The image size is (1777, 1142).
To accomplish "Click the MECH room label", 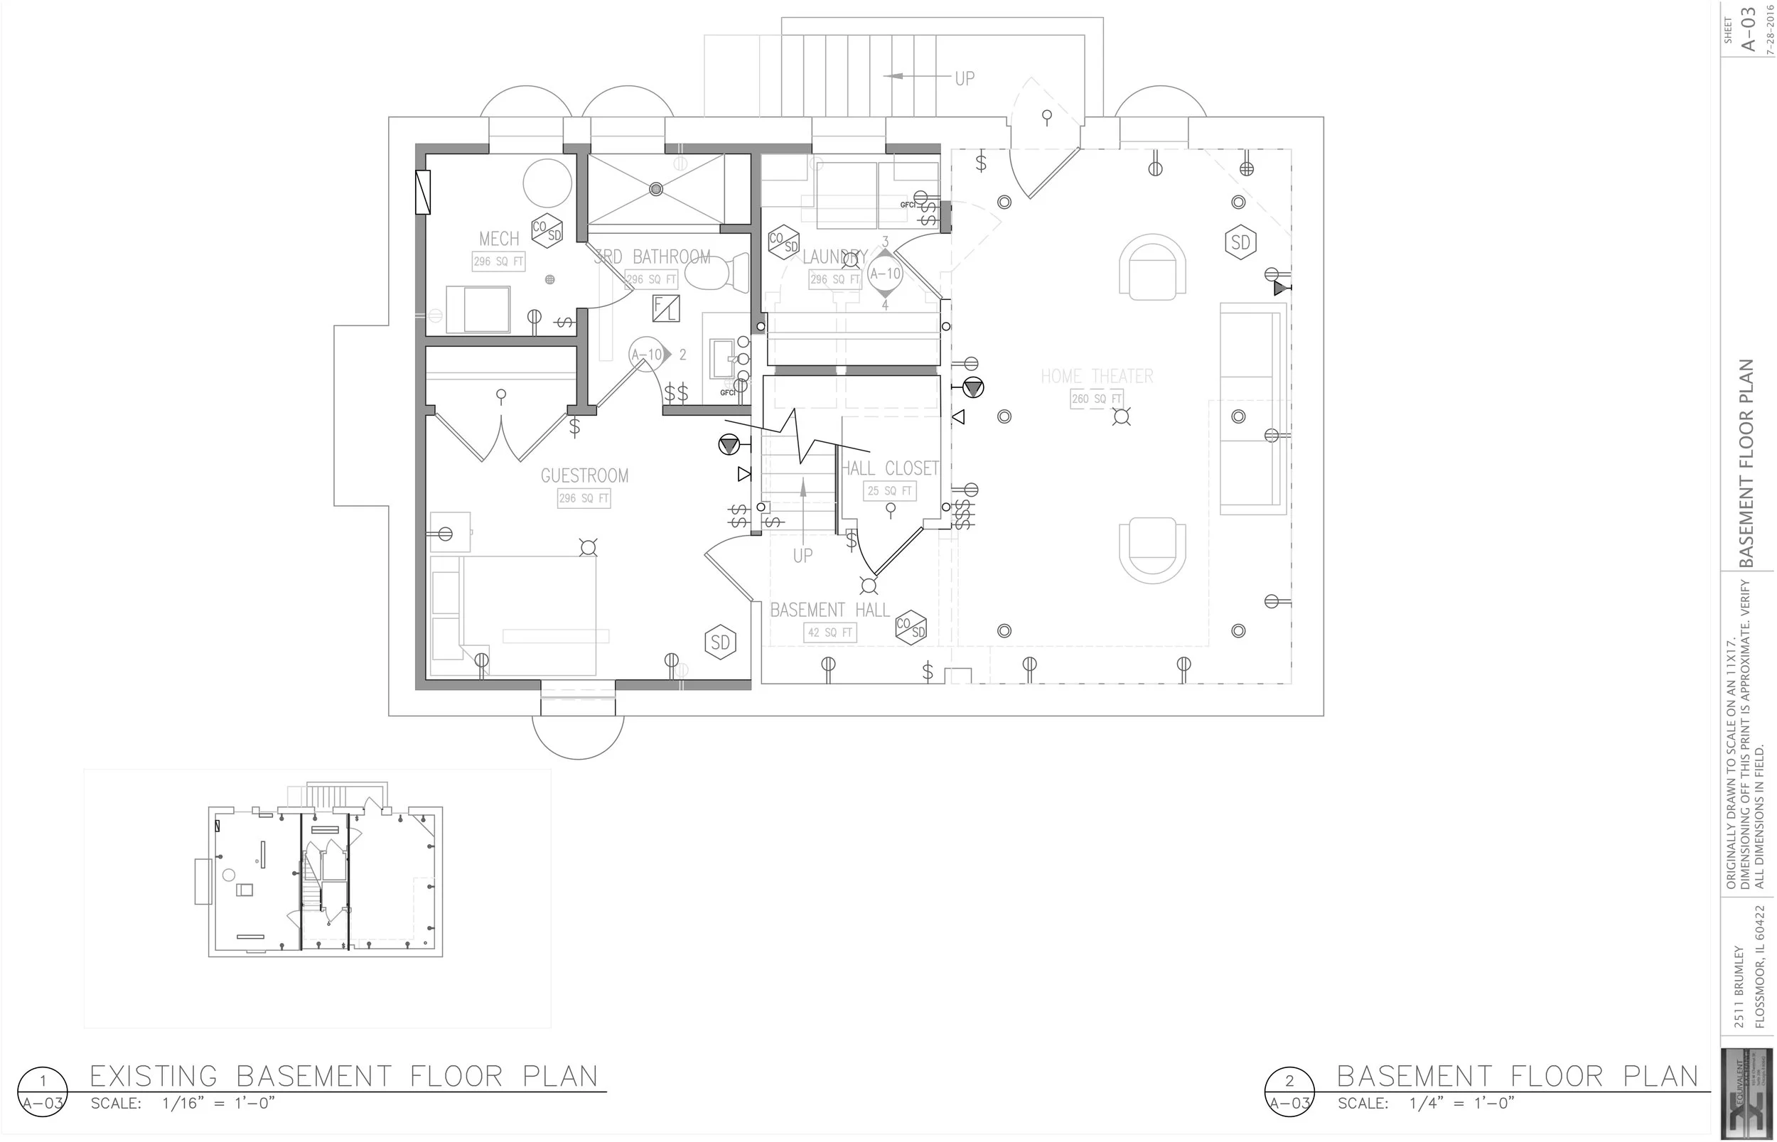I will pyautogui.click(x=498, y=239).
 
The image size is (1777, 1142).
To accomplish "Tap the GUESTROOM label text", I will pyautogui.click(x=584, y=475).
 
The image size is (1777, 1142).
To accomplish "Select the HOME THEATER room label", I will pyautogui.click(x=1096, y=377).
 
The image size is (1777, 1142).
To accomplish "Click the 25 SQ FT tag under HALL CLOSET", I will pyautogui.click(x=889, y=491).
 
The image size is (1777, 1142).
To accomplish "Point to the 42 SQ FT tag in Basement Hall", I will pyautogui.click(x=830, y=632).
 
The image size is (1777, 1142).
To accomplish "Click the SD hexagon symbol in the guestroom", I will pyautogui.click(x=720, y=642).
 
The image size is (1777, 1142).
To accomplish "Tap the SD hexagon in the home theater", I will pyautogui.click(x=1240, y=242).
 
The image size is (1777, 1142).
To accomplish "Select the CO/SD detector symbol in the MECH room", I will pyautogui.click(x=547, y=232).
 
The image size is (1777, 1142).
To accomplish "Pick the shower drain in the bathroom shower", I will pyautogui.click(x=655, y=189).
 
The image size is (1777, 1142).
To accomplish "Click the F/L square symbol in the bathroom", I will pyautogui.click(x=666, y=308).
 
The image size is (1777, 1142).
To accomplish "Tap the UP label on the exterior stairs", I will pyautogui.click(x=964, y=78).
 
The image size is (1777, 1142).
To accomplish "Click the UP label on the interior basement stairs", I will pyautogui.click(x=802, y=556).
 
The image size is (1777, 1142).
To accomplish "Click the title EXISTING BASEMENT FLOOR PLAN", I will pyautogui.click(x=343, y=1076).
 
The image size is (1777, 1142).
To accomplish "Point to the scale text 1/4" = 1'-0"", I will pyautogui.click(x=1461, y=1104).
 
